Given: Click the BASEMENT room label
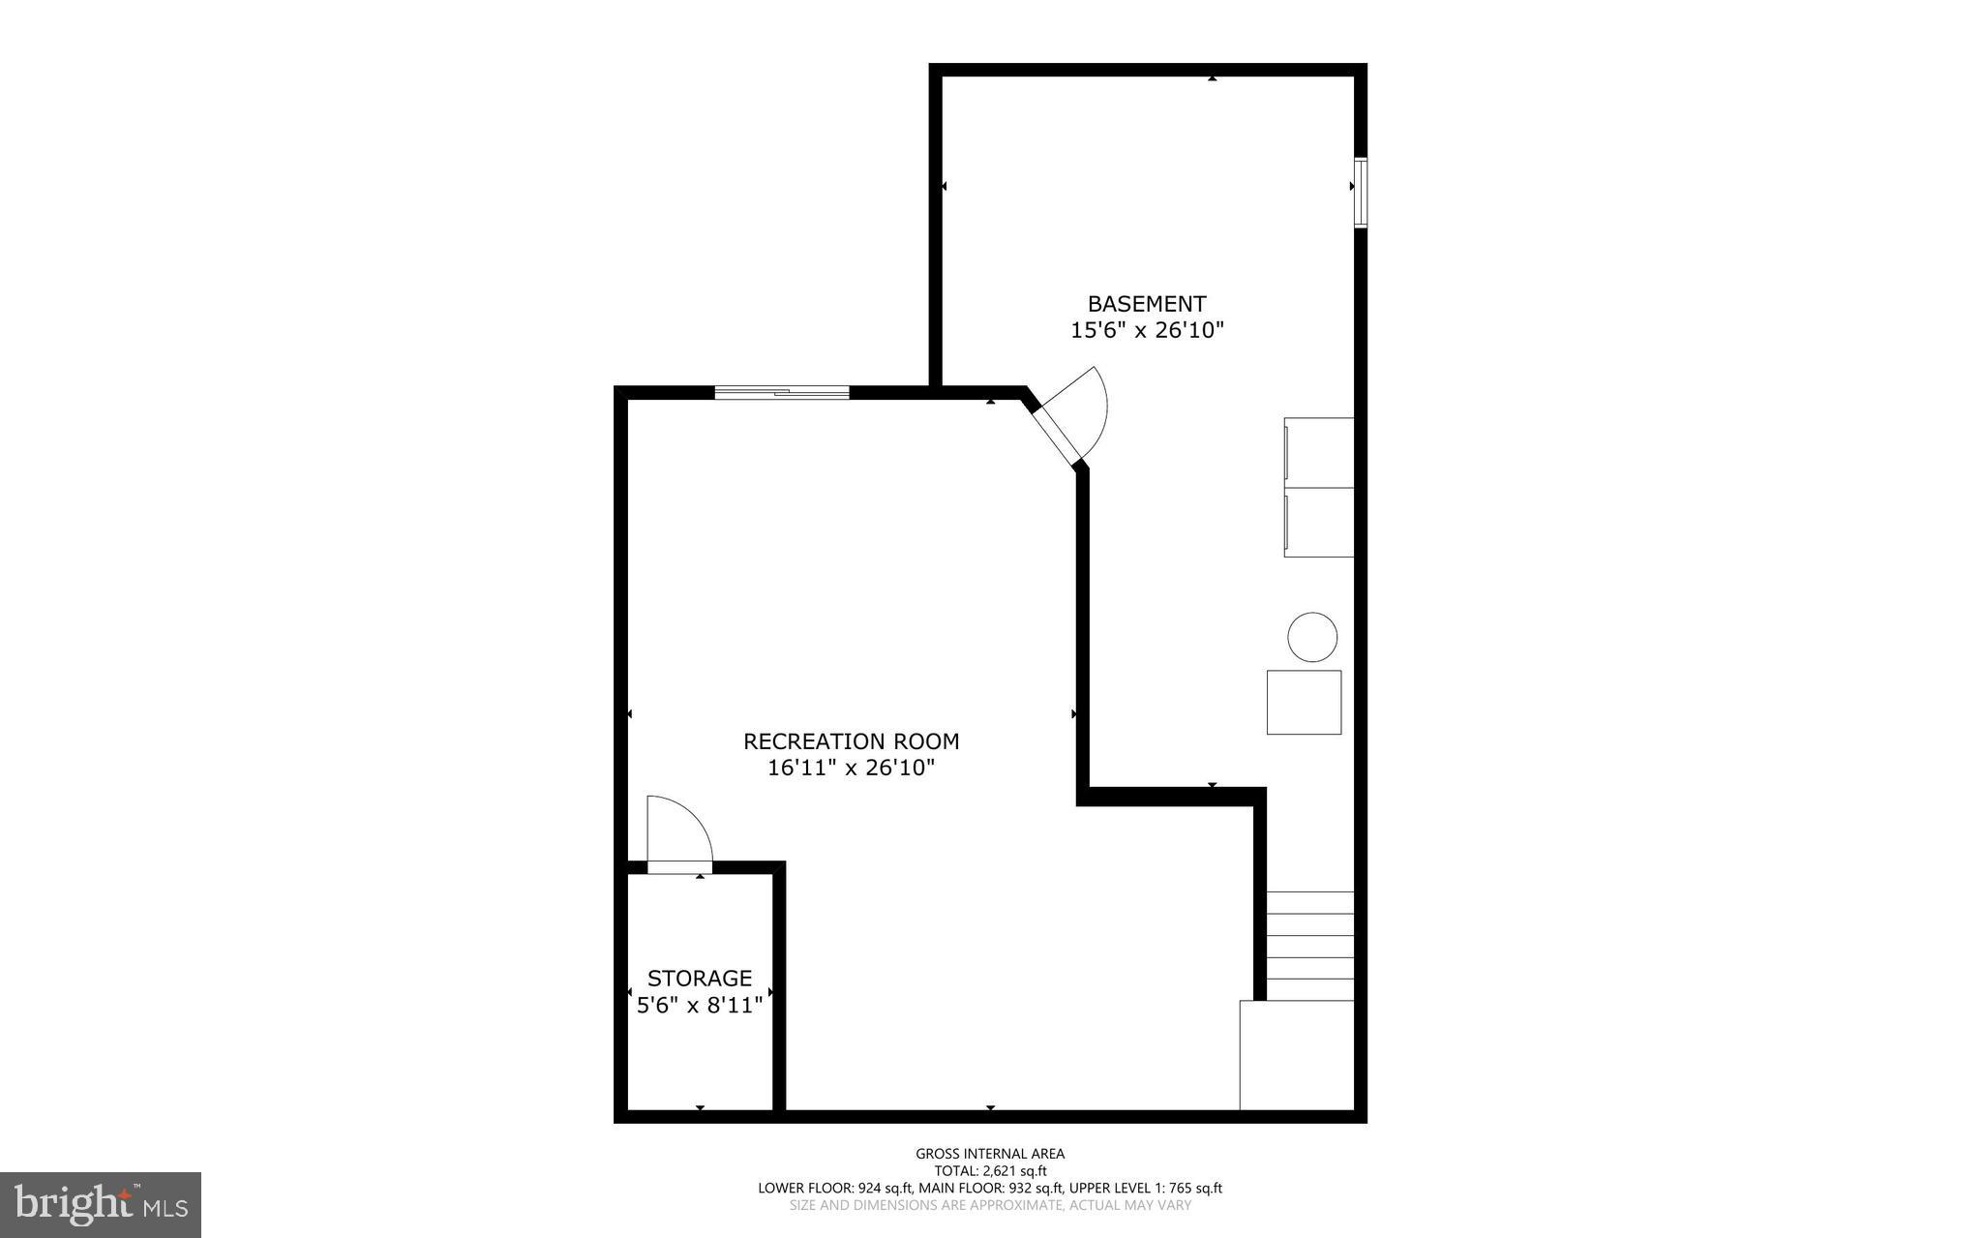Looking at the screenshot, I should click(1147, 304).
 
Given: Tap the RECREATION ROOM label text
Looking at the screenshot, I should click(851, 741).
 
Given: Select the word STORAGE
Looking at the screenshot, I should click(700, 978).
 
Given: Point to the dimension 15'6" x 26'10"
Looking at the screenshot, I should click(1147, 330).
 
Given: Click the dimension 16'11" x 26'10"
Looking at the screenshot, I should click(851, 769).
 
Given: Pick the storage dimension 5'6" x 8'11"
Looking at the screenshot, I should click(700, 1005).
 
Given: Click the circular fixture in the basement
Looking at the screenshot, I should click(1312, 637).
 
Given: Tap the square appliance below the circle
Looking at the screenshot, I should click(1304, 702).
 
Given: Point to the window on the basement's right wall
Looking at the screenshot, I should click(1360, 193).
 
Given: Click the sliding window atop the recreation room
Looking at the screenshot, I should click(782, 392).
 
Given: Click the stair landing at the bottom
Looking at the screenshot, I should click(1297, 1055).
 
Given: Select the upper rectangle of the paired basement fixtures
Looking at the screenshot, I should click(1318, 453).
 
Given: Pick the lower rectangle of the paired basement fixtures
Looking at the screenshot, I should click(1318, 523).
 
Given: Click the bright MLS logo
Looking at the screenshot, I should click(101, 1204).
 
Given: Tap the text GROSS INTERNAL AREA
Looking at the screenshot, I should click(990, 1154).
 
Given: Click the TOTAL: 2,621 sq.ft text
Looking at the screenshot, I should click(990, 1170).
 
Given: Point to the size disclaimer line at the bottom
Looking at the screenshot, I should click(990, 1205).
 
